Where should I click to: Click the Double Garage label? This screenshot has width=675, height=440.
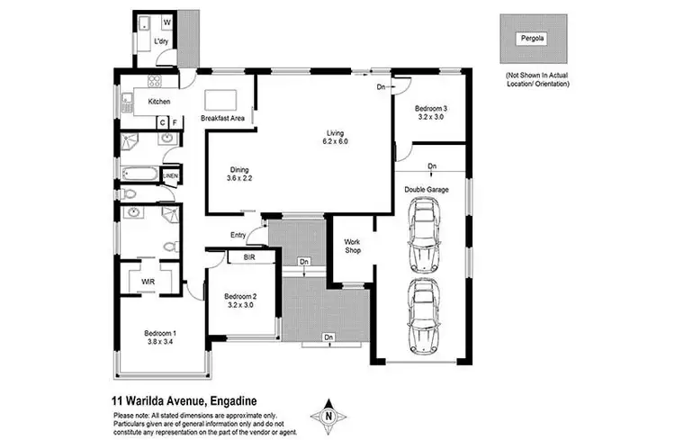pyautogui.click(x=427, y=190)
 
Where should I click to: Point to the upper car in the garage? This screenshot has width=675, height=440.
pyautogui.click(x=425, y=236)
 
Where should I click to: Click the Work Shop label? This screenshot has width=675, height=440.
pyautogui.click(x=353, y=245)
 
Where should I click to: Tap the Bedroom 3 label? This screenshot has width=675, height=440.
pyautogui.click(x=432, y=112)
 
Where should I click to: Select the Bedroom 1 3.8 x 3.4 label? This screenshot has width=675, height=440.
pyautogui.click(x=161, y=338)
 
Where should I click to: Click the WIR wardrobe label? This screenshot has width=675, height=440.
pyautogui.click(x=147, y=282)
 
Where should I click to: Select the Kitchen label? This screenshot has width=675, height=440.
pyautogui.click(x=158, y=102)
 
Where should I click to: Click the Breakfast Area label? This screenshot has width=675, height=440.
pyautogui.click(x=222, y=119)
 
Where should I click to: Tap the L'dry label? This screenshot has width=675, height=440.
pyautogui.click(x=162, y=41)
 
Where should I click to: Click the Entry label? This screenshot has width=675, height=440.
pyautogui.click(x=238, y=235)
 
